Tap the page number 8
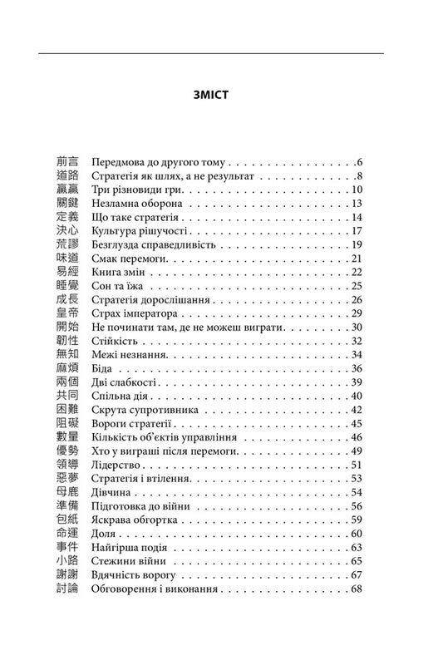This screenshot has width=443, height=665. (360, 178)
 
